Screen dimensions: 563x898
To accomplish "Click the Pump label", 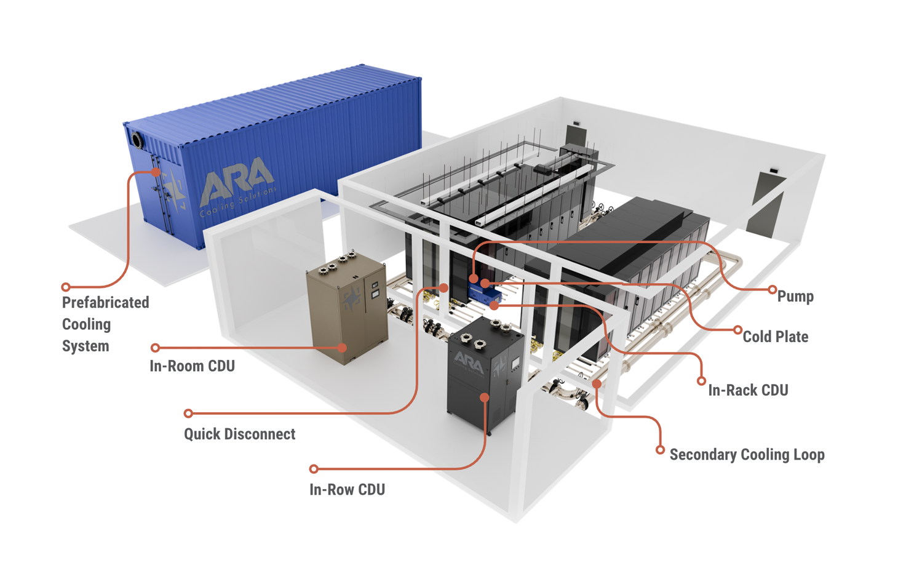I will click(795, 297).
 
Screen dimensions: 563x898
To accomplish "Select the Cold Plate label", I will click(775, 337).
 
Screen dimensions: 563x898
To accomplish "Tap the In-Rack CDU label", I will click(748, 390).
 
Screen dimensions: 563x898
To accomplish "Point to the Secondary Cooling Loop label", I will click(747, 455).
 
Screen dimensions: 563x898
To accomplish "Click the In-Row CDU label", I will click(347, 490).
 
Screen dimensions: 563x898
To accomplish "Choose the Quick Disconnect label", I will click(239, 434).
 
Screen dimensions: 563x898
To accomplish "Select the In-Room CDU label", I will click(192, 366).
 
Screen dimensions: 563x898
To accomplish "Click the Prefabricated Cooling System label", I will click(105, 324).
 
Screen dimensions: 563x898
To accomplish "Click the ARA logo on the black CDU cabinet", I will click(468, 360).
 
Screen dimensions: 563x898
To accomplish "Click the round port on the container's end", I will click(136, 140).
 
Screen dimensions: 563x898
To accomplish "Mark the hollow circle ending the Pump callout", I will click(772, 289).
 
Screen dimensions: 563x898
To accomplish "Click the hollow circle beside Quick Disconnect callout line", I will click(188, 413).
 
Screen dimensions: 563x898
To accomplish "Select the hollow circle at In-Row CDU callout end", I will click(314, 469).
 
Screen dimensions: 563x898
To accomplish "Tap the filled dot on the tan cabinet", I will click(343, 348).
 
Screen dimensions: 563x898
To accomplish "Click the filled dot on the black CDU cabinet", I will click(485, 397).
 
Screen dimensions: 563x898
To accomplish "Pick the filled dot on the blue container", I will click(156, 172).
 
